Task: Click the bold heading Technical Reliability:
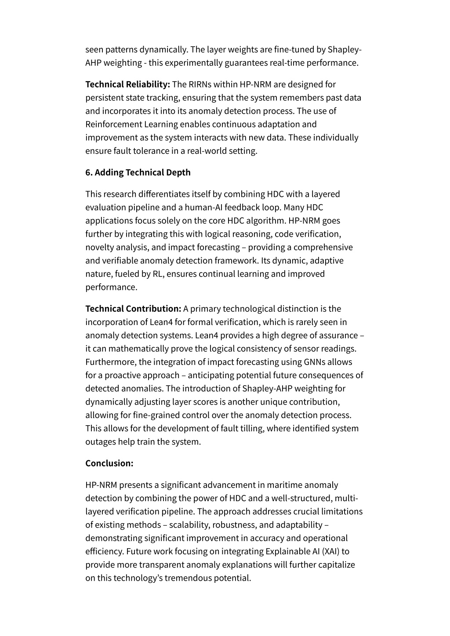tap(127, 84)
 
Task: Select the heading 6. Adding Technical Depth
tap(138, 172)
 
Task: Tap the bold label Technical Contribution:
tap(133, 309)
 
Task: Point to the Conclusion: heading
tap(109, 463)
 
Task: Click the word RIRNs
tap(200, 84)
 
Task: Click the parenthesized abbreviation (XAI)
tap(327, 551)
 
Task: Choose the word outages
tap(100, 441)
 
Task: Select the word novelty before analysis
tap(100, 247)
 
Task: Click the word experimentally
tap(185, 63)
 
